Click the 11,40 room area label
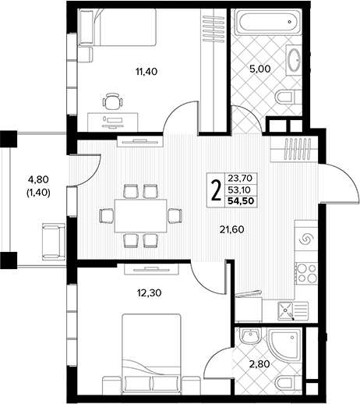[146, 72]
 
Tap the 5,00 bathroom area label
[259, 69]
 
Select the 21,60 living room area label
[232, 229]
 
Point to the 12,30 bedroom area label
[149, 293]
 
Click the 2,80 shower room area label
[259, 364]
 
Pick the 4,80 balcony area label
[38, 179]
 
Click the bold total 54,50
[242, 201]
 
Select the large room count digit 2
[215, 191]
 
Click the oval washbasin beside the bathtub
[295, 60]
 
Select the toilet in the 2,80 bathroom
[289, 383]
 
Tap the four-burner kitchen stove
[306, 273]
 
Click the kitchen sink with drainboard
[293, 311]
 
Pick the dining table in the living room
[140, 215]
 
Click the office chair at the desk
[112, 101]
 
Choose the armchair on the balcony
[53, 241]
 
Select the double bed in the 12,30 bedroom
[152, 353]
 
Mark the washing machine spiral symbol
[306, 239]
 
